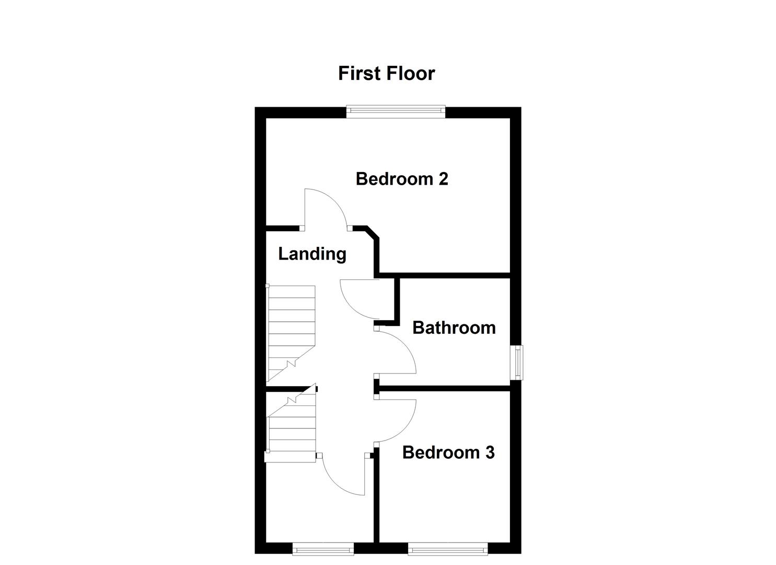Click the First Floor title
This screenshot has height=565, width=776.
tap(386, 73)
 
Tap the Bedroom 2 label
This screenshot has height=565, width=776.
tap(401, 179)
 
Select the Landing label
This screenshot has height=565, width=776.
tap(312, 254)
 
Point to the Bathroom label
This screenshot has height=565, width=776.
tap(454, 327)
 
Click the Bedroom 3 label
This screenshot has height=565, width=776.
tap(448, 453)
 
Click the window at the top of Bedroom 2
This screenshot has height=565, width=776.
tap(396, 110)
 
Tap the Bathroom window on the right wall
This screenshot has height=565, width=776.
tap(517, 362)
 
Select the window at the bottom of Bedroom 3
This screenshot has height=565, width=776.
tap(448, 548)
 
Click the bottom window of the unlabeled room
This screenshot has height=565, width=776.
tap(323, 548)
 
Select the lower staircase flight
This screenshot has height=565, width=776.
tap(292, 426)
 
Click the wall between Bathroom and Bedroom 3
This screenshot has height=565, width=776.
tap(444, 388)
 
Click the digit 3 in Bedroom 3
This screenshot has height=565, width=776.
tap(489, 453)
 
